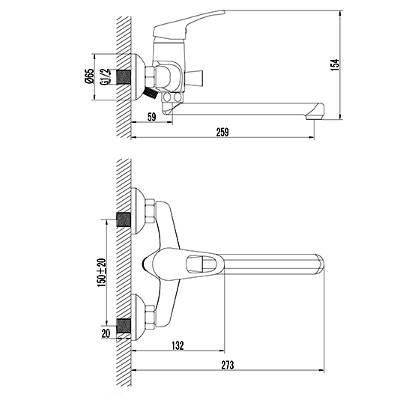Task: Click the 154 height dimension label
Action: click(335, 65)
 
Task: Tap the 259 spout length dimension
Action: click(222, 132)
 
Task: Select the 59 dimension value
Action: click(151, 117)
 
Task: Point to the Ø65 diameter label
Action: click(89, 76)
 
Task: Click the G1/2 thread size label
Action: click(105, 76)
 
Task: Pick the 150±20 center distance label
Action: click(102, 273)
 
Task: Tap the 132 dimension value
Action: click(178, 345)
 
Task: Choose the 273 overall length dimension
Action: click(228, 365)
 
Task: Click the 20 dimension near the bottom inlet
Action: click(106, 333)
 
